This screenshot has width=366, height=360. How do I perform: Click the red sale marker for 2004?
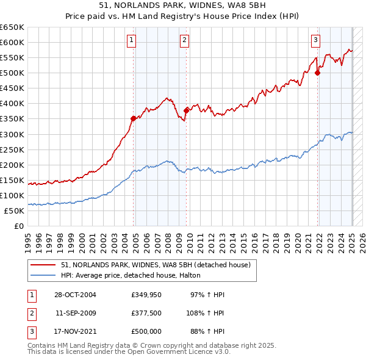click(134, 118)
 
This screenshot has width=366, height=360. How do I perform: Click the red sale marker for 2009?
click(186, 110)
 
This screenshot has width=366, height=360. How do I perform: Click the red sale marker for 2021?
click(317, 73)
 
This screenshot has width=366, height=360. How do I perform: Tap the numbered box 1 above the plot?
click(132, 41)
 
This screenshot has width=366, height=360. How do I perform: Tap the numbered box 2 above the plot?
click(184, 41)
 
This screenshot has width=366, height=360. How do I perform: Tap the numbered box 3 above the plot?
click(315, 41)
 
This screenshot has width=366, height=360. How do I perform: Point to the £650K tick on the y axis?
click(12, 27)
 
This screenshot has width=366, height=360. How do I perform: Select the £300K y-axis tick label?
click(12, 134)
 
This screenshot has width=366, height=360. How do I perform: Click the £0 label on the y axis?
click(18, 226)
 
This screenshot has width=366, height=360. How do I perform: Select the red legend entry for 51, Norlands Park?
click(156, 265)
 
